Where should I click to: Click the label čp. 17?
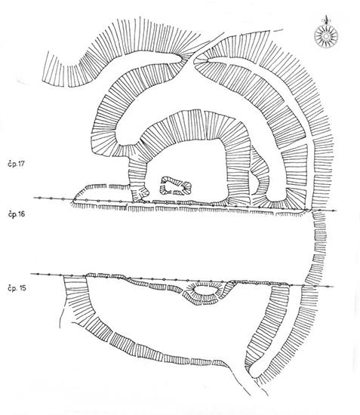[16, 164]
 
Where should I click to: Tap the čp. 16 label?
[16, 214]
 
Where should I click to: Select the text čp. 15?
[17, 288]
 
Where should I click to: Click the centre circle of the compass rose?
[326, 35]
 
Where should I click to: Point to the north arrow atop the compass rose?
[326, 20]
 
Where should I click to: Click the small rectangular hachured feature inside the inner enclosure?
[176, 186]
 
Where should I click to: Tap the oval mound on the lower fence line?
[205, 293]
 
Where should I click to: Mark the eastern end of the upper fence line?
[336, 211]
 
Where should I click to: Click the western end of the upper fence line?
[34, 198]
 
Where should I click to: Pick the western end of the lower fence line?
[31, 274]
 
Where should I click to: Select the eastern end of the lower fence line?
[333, 287]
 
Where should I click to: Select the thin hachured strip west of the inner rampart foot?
[106, 186]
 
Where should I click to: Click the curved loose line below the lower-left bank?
[61, 317]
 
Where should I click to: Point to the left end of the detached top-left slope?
[46, 66]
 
